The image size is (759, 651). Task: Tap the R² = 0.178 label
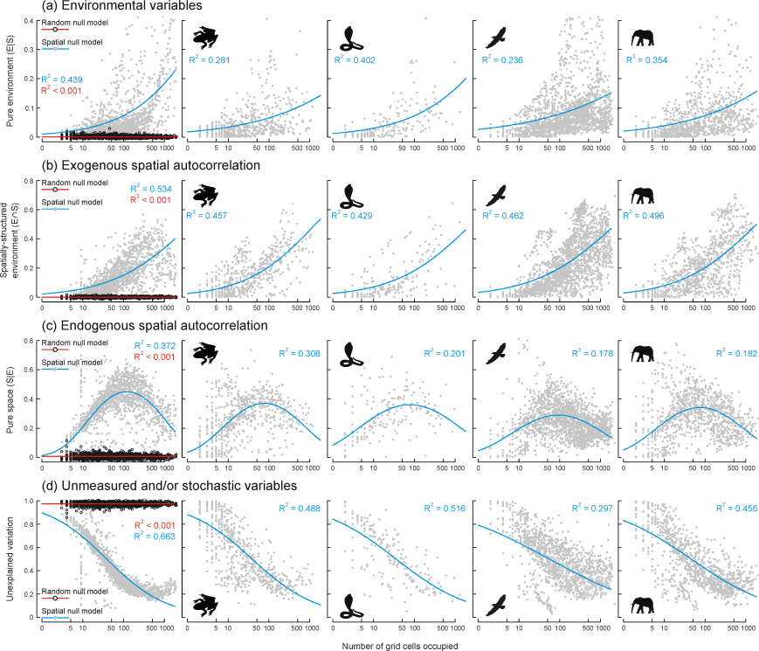pos(590,353)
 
